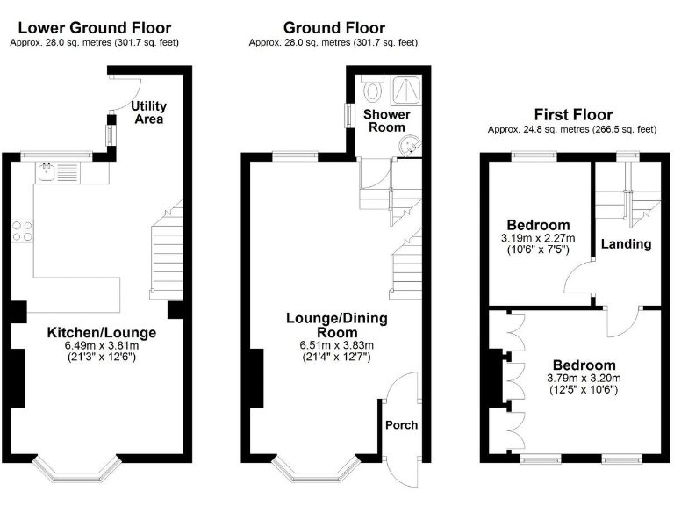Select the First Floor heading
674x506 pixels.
coord(573,115)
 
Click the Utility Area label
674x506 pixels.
coord(148,112)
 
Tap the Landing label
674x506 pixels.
coord(627,243)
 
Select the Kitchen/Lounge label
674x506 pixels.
coord(102,333)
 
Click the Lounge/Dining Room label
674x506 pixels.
coord(337,325)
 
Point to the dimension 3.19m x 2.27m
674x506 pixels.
coord(537,238)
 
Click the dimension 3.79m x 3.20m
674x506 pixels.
coord(584,379)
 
